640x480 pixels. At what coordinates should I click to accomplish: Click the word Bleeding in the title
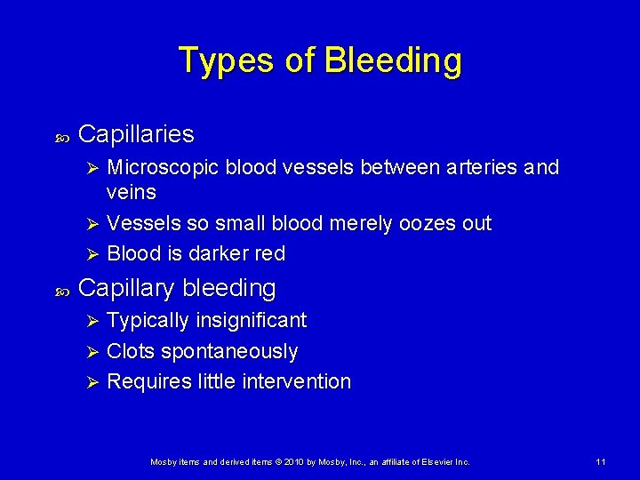pyautogui.click(x=393, y=60)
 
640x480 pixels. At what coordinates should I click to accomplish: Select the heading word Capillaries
pyautogui.click(x=136, y=134)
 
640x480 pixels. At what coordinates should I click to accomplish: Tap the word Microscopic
pyautogui.click(x=165, y=167)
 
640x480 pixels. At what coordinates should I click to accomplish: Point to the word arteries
pyautogui.click(x=480, y=167)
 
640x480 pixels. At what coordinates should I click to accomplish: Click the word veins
pyautogui.click(x=131, y=192)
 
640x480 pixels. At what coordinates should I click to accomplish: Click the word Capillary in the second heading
pyautogui.click(x=127, y=288)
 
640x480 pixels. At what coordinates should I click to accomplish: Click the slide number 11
pyautogui.click(x=601, y=462)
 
